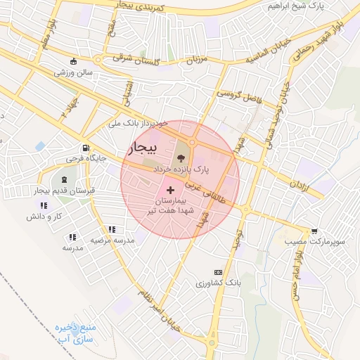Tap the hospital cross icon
171,190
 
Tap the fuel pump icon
86,148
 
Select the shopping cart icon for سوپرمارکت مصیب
314,231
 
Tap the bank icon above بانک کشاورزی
218,272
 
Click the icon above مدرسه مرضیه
112,229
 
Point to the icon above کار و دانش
44,205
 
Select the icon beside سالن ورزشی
75,61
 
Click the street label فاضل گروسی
239,96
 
